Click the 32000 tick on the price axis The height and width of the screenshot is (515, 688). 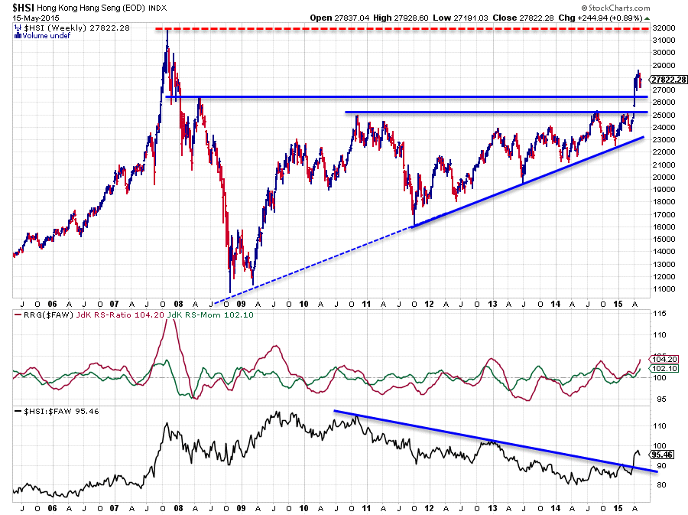(662, 28)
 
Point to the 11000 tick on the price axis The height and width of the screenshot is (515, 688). (662, 289)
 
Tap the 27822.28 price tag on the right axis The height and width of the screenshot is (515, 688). (667, 80)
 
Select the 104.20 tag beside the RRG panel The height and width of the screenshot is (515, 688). (661, 359)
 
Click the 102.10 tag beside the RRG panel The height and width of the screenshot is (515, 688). (661, 368)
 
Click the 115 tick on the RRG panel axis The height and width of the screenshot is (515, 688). (657, 314)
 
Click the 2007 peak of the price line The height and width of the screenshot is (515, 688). (167, 31)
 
